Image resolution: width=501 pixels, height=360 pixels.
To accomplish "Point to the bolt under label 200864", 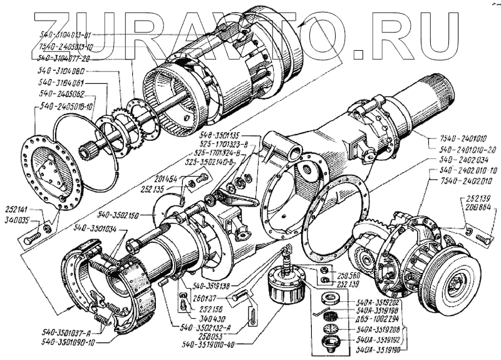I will [x=483, y=238].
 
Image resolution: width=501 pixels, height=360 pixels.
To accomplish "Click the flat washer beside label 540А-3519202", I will [x=331, y=298].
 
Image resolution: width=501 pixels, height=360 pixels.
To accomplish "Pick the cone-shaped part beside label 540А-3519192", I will [x=331, y=342].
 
